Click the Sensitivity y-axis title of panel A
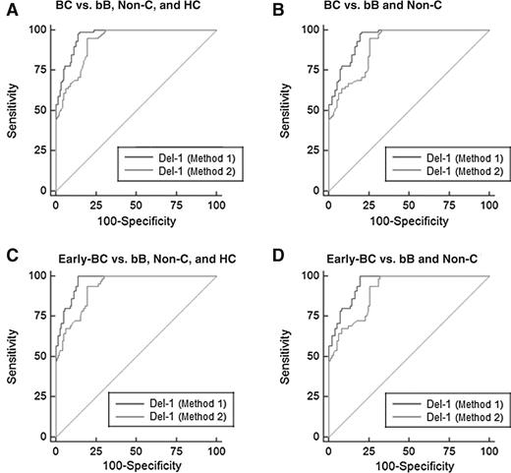[11, 109]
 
